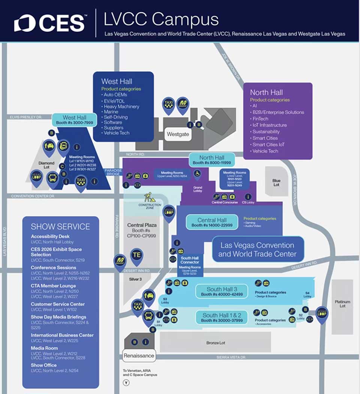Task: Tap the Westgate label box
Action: (178, 134)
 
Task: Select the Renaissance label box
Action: (139, 355)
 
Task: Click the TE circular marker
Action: (137, 255)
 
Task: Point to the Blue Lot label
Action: (276, 183)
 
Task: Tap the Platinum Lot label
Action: (342, 304)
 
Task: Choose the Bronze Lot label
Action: (216, 343)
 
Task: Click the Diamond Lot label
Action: (46, 165)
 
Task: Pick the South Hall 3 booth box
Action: (222, 292)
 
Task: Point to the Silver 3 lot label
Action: (135, 279)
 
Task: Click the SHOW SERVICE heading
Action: (60, 226)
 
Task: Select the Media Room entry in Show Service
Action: (44, 348)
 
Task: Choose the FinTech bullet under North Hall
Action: (260, 118)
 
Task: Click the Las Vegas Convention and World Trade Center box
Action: (257, 250)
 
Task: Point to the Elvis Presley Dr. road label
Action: (26, 117)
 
